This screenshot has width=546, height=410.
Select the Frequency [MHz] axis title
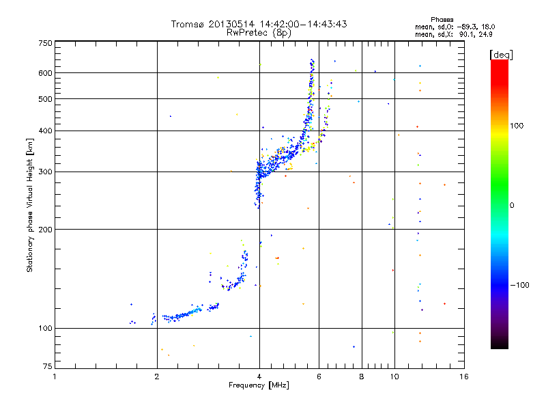(259, 385)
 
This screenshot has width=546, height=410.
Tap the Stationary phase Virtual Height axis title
(30, 205)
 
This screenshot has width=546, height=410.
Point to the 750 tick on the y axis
(45, 43)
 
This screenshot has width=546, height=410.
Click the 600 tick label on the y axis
(45, 73)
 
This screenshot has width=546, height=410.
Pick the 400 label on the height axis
(45, 131)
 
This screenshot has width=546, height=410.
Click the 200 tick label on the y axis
(45, 229)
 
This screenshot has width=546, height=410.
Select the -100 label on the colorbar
(523, 285)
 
